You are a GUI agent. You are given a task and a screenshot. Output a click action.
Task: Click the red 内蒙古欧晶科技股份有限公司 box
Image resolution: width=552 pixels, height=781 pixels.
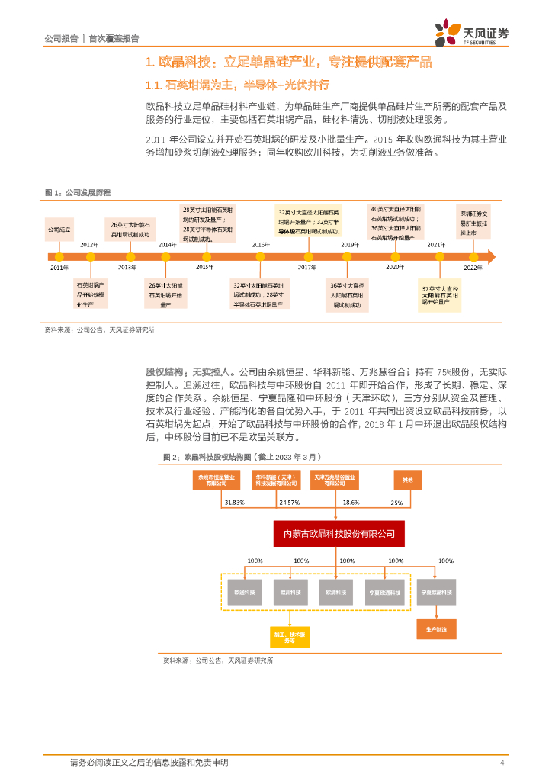tap(339, 532)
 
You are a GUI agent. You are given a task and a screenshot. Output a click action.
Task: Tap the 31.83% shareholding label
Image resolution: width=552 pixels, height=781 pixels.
tap(234, 503)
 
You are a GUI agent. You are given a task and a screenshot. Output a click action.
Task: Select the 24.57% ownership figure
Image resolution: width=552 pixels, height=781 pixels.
tap(290, 503)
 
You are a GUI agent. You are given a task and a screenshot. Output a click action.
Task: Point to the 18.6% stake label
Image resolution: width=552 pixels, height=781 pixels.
tap(351, 503)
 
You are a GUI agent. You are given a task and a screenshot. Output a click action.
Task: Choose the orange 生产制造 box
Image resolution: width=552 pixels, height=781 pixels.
tap(437, 628)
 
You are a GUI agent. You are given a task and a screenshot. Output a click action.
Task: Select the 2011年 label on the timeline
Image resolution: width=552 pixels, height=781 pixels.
tap(59, 268)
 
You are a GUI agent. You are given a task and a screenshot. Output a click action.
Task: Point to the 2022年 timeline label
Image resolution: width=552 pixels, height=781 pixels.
tap(473, 268)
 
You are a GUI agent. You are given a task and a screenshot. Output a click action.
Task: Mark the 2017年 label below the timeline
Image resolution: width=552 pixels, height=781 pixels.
tap(307, 268)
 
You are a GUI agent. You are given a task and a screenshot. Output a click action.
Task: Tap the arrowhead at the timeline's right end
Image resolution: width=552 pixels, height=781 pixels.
tap(490, 256)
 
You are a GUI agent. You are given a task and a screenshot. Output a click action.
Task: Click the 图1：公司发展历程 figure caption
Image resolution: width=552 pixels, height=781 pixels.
tap(78, 192)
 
